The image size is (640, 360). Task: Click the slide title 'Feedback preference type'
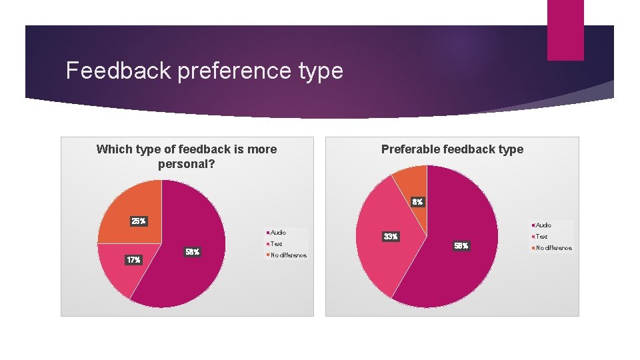tap(204, 71)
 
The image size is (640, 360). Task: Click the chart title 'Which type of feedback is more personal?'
tap(187, 156)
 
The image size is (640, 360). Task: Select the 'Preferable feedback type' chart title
tap(452, 149)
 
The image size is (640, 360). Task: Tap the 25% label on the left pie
tap(138, 221)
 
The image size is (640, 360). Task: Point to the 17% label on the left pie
tap(133, 260)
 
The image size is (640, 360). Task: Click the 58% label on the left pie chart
tap(193, 252)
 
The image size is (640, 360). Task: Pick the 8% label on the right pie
tap(417, 201)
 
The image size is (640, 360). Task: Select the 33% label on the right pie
tap(390, 237)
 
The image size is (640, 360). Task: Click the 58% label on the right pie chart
tap(461, 246)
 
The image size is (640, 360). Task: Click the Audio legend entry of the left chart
tap(277, 233)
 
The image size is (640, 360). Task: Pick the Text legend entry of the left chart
tap(276, 244)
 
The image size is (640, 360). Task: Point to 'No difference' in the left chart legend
tap(287, 255)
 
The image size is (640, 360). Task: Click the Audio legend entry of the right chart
tap(543, 225)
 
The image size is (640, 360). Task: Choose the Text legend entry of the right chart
tap(541, 237)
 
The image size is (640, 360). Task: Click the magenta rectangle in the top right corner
tap(565, 29)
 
